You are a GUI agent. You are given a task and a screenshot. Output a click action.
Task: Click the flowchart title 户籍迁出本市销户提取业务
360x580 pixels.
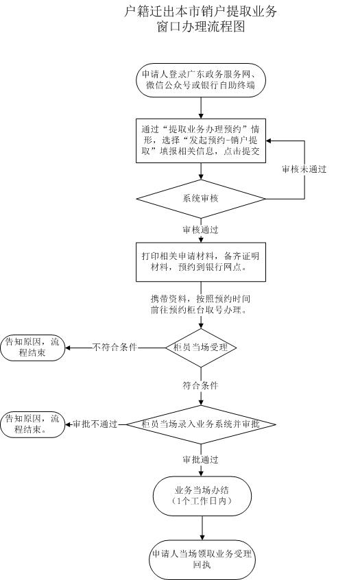click(x=202, y=12)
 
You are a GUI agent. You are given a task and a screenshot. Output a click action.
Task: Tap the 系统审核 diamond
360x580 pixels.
click(x=201, y=199)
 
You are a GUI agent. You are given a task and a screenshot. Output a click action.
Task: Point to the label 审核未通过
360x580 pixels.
click(x=304, y=169)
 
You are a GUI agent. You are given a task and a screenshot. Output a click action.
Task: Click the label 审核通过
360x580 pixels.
click(x=201, y=230)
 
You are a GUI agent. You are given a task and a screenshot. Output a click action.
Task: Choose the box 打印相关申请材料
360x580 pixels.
click(x=201, y=262)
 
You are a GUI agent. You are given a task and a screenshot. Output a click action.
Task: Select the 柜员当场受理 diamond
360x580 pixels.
click(x=202, y=348)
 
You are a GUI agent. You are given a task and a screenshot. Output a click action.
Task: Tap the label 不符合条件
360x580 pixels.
click(x=115, y=348)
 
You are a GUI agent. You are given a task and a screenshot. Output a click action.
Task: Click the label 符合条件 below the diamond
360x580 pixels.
click(x=201, y=386)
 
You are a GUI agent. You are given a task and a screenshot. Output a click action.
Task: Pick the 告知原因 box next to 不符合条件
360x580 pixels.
click(x=33, y=347)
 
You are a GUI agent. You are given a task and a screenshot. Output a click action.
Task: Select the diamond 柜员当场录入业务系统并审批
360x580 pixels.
click(x=201, y=424)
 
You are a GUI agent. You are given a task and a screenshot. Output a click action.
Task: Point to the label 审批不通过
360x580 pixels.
click(x=95, y=424)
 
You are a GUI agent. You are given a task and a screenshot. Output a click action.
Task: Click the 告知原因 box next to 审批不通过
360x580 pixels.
click(x=33, y=424)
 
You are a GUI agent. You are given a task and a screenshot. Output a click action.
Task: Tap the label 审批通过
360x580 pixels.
click(x=201, y=459)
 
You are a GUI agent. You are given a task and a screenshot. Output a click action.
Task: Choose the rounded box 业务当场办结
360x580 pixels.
click(x=202, y=496)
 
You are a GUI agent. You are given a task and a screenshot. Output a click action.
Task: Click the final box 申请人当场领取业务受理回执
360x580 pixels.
click(x=202, y=559)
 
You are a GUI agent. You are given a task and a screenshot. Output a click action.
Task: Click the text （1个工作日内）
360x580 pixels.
click(x=202, y=502)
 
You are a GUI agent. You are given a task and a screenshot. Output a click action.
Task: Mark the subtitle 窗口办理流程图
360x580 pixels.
click(x=202, y=27)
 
